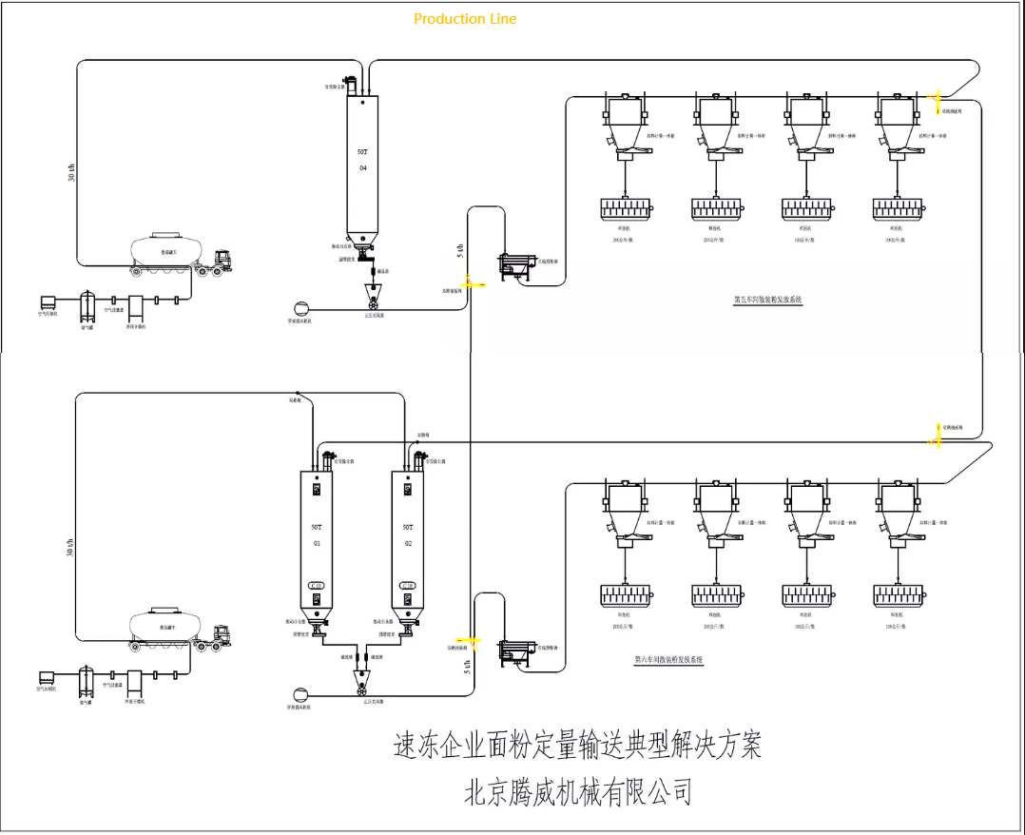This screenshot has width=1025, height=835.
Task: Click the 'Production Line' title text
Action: point(465,18)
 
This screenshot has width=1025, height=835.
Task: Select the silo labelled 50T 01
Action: point(317,537)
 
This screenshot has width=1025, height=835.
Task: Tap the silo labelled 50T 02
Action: point(408,537)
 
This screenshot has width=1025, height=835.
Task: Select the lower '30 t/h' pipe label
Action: point(69,546)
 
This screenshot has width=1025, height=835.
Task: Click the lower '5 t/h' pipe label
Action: point(467,668)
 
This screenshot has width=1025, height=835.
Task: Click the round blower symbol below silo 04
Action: point(300,307)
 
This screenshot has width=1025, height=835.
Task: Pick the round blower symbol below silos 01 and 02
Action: point(300,692)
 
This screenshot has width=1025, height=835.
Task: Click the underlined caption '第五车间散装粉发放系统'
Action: point(767,300)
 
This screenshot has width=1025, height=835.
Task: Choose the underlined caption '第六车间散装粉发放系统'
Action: point(669,659)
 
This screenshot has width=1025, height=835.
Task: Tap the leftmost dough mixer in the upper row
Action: point(624,207)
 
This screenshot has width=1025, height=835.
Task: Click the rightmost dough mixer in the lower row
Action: point(898,596)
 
